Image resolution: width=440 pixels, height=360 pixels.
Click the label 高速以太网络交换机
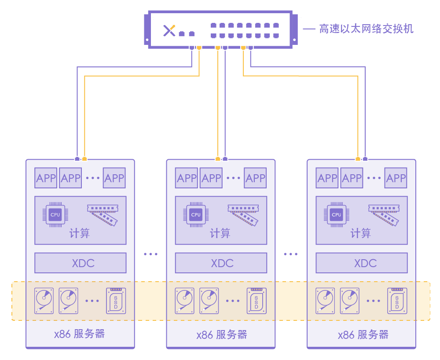(x=366, y=29)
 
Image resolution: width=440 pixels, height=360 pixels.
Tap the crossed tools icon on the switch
(x=169, y=30)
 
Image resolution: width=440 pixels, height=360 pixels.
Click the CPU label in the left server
(x=55, y=215)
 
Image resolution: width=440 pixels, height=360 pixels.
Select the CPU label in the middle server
(x=196, y=215)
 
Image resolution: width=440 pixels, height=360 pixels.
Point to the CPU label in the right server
(x=336, y=215)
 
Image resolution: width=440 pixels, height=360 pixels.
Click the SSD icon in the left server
(x=116, y=301)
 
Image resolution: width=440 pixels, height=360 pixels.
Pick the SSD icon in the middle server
(x=257, y=301)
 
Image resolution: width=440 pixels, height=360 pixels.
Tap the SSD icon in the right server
(x=397, y=301)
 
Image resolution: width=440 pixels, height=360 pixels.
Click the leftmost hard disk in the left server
(x=44, y=301)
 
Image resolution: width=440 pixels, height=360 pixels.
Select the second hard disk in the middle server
(x=209, y=301)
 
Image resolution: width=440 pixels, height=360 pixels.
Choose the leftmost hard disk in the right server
(x=325, y=301)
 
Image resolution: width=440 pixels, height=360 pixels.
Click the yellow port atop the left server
(x=84, y=159)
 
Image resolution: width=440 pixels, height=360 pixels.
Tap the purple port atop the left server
(x=77, y=159)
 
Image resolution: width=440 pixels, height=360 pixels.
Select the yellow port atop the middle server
(x=218, y=159)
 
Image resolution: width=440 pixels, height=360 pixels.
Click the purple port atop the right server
(x=365, y=159)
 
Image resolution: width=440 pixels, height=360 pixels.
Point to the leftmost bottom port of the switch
(x=192, y=48)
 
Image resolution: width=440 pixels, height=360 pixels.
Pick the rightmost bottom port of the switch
(x=250, y=48)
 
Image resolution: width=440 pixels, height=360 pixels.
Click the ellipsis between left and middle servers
(x=150, y=254)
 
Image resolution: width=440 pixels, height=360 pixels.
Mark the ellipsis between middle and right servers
(x=290, y=254)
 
